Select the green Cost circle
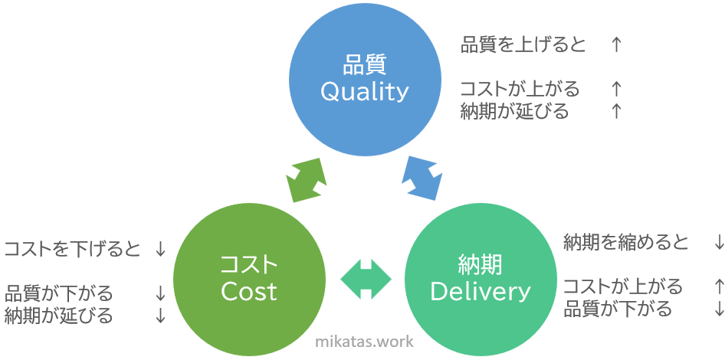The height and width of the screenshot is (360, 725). pyautogui.click(x=250, y=280)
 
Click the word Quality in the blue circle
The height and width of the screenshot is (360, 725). pyautogui.click(x=365, y=92)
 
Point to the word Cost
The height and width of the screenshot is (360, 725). pyautogui.click(x=249, y=292)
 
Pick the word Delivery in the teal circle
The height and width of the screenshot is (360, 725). pyautogui.click(x=481, y=292)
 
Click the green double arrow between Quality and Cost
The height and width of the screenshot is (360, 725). pyautogui.click(x=307, y=180)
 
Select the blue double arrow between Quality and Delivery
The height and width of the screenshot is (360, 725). pyautogui.click(x=422, y=178)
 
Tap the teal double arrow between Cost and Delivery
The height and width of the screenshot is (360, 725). pyautogui.click(x=366, y=279)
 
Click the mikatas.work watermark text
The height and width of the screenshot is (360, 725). pyautogui.click(x=364, y=342)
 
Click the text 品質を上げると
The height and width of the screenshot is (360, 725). pyautogui.click(x=523, y=45)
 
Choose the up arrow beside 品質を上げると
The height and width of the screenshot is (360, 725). pyautogui.click(x=615, y=45)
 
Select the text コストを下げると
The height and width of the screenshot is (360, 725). pyautogui.click(x=72, y=250)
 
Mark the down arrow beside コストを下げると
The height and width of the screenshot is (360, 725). pyautogui.click(x=160, y=250)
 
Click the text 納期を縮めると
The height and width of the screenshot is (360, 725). pyautogui.click(x=625, y=243)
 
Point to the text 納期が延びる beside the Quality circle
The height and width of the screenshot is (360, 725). pyautogui.click(x=514, y=111)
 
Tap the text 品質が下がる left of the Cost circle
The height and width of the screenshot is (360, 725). pyautogui.click(x=59, y=293)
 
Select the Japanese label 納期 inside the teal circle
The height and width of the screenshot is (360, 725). pyautogui.click(x=481, y=266)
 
